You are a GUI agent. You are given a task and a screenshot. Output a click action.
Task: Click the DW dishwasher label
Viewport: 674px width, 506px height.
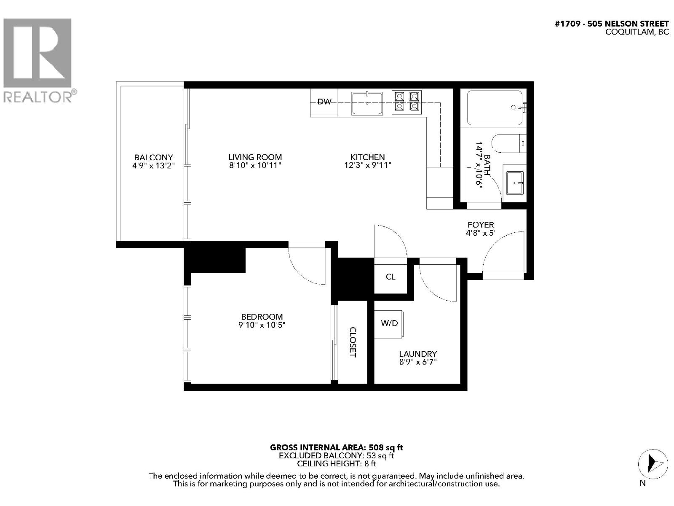click(x=324, y=102)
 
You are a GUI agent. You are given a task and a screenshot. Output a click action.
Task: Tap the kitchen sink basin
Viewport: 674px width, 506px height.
click(x=367, y=104)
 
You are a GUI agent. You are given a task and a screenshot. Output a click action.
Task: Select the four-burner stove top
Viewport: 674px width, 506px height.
click(x=407, y=102)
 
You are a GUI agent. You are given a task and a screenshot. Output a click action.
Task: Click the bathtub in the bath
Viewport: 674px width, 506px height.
click(x=494, y=108)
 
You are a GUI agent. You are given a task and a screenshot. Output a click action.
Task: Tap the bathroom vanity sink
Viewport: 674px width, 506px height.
click(x=515, y=183)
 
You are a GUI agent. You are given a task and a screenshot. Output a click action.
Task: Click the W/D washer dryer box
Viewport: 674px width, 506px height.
click(x=389, y=323)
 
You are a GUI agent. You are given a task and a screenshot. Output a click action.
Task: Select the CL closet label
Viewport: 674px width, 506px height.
click(x=390, y=277)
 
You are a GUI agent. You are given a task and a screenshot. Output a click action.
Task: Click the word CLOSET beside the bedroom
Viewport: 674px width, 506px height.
click(x=353, y=342)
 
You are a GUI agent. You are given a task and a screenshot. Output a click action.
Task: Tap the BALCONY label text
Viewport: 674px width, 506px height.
click(x=153, y=157)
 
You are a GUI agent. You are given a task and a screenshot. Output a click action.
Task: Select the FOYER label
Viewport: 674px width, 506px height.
click(x=481, y=225)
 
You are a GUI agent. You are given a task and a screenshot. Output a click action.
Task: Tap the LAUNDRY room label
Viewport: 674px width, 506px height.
click(x=417, y=354)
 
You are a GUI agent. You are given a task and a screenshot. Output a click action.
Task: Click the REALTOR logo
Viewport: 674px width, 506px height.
click(x=39, y=59)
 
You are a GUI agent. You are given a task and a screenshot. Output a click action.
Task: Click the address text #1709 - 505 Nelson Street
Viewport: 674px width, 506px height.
click(x=612, y=24)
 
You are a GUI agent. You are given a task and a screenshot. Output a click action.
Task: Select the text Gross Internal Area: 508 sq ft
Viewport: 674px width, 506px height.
click(x=336, y=447)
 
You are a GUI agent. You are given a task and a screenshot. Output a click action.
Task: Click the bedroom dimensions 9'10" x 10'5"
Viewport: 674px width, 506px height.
click(x=262, y=325)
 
